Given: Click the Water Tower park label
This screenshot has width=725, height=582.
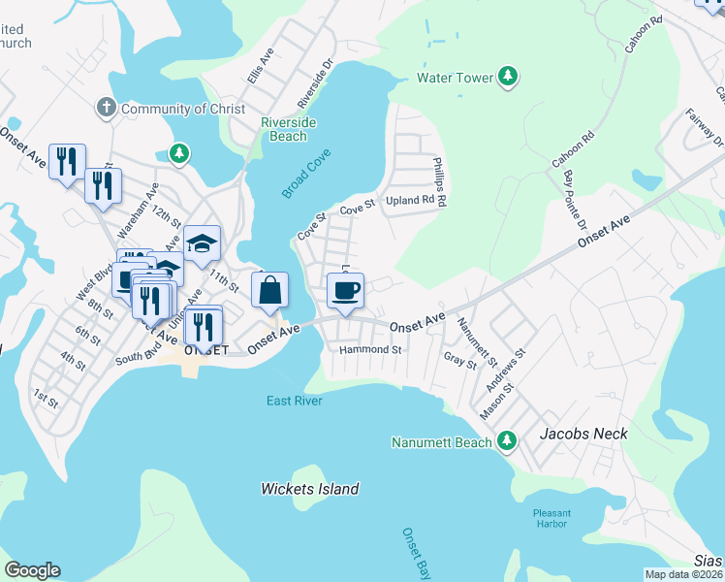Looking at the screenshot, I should [x=456, y=77].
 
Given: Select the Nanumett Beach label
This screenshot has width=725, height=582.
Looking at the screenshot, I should [x=441, y=442].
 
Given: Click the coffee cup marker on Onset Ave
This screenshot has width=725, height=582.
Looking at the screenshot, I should [x=344, y=290].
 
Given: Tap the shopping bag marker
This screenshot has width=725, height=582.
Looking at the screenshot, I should [x=270, y=290].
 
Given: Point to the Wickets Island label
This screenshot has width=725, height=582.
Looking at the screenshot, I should [x=310, y=489].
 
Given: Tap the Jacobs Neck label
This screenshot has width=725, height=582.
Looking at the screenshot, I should [x=584, y=434].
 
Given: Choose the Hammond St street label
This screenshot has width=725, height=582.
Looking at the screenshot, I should [x=369, y=349].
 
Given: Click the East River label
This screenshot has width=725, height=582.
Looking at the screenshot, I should [x=294, y=401].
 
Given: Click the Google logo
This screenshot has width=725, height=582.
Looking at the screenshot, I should [x=32, y=570].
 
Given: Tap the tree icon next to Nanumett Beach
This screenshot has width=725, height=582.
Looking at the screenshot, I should [x=505, y=442].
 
